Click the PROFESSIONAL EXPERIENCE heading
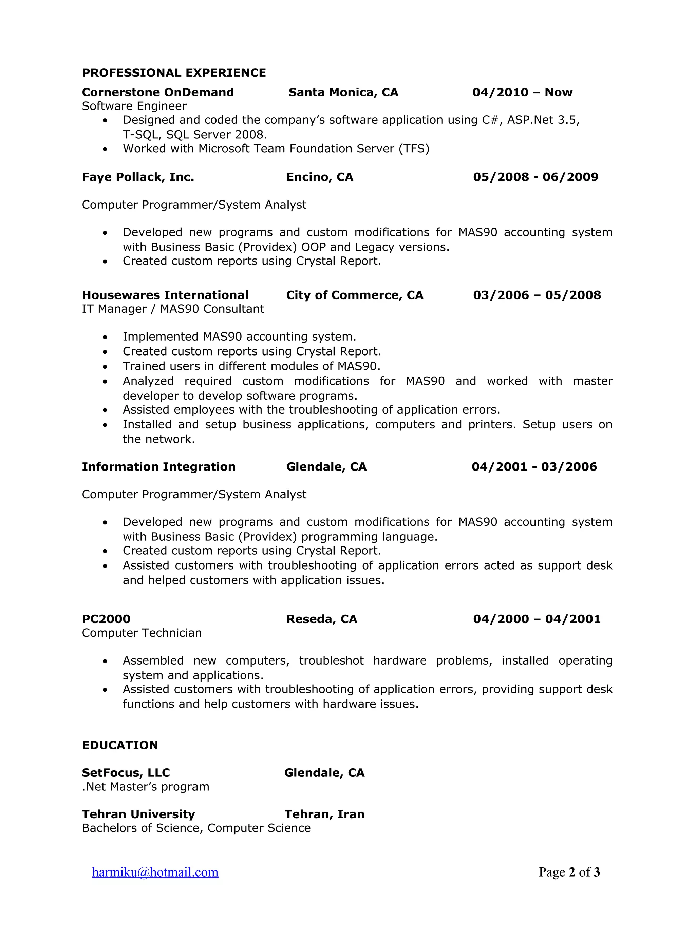[x=174, y=73]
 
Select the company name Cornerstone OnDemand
[x=158, y=92]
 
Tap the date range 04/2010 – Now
[x=522, y=92]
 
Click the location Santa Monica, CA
[x=343, y=92]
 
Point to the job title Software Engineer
[x=134, y=106]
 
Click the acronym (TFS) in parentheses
[x=414, y=149]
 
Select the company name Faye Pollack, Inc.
[x=138, y=177]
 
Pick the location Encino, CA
[x=320, y=177]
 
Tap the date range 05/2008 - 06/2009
[x=536, y=177]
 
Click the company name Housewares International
[x=165, y=295]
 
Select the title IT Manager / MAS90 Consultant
[x=173, y=309]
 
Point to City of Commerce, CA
[x=355, y=295]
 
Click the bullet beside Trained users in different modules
[x=105, y=367]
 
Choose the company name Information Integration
[x=158, y=466]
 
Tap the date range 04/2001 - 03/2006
[x=534, y=466]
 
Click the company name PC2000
[x=106, y=619]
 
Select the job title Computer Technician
[x=142, y=633]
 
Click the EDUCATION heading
[x=120, y=745]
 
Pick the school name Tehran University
[x=138, y=814]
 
